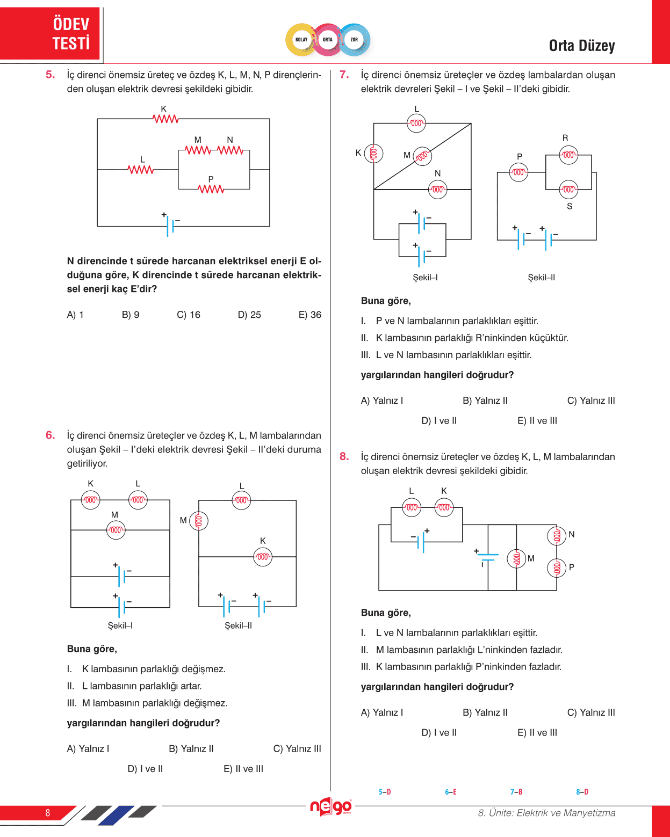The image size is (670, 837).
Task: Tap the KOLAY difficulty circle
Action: (301, 40)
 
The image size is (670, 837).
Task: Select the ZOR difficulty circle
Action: (354, 40)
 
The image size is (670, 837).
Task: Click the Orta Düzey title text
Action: (581, 46)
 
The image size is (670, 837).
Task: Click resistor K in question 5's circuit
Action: (165, 119)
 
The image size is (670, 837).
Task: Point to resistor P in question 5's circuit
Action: (211, 189)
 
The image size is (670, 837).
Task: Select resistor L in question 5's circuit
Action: (141, 170)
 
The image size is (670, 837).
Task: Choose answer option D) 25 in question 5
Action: (249, 315)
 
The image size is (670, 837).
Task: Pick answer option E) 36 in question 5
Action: (309, 315)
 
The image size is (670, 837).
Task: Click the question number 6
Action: (50, 435)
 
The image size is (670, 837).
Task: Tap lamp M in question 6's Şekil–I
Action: (116, 530)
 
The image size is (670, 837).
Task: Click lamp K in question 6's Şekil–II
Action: (263, 557)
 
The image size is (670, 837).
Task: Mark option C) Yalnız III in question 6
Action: (297, 749)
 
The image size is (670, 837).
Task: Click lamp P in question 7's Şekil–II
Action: (518, 172)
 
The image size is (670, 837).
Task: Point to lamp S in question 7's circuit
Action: (568, 189)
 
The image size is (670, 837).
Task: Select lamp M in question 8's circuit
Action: (516, 559)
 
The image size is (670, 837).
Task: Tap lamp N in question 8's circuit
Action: (557, 535)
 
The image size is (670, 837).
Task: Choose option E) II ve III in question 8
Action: (537, 733)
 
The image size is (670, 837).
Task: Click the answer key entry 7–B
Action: (516, 792)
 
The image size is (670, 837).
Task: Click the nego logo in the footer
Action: (330, 806)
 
